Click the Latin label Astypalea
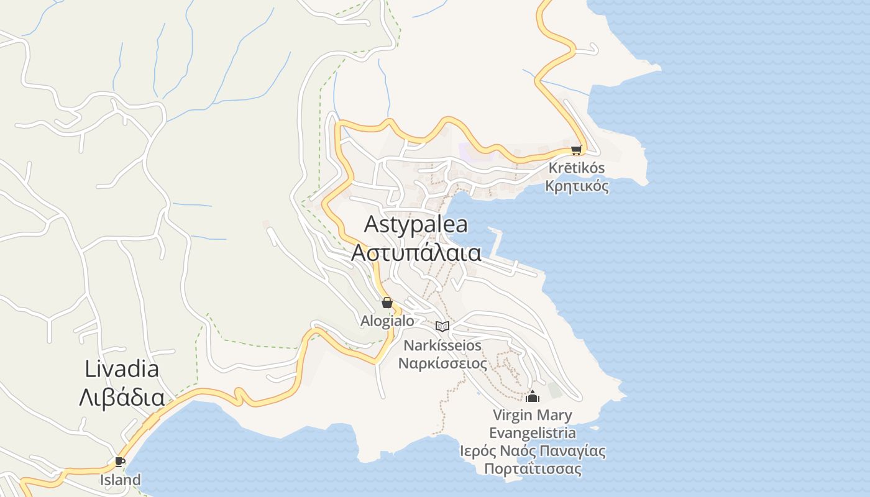point(416,224)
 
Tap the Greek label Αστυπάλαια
point(416,253)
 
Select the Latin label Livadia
point(122,369)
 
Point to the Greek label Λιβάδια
point(122,398)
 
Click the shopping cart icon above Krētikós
point(576,150)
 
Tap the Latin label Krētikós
point(576,168)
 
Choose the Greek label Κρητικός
point(576,186)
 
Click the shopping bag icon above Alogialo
point(387,303)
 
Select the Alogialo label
point(387,321)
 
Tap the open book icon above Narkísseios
point(442,326)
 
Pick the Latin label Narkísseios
point(442,345)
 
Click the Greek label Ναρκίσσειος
point(442,363)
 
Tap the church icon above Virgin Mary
point(533,396)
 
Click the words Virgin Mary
point(533,414)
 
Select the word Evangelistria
point(533,432)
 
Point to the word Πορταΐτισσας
point(533,468)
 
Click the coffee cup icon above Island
point(119,462)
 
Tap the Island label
point(121,480)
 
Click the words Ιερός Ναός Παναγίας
point(533,450)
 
